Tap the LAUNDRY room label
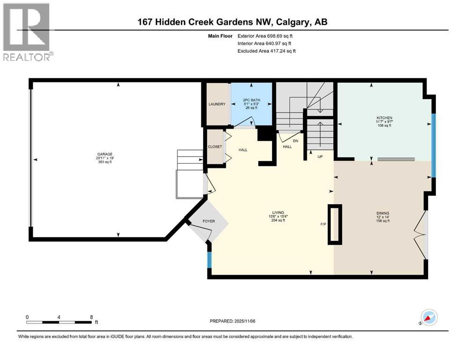tap(217, 104)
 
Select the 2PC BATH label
tap(251, 100)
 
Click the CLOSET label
tap(214, 147)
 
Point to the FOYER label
tap(208, 221)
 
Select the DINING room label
tap(383, 213)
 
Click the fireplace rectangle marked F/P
tap(335, 225)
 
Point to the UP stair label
tap(321, 156)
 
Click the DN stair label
tap(295, 140)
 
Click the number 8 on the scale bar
tap(90, 317)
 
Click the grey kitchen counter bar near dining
tap(396, 159)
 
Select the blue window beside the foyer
tap(209, 260)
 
